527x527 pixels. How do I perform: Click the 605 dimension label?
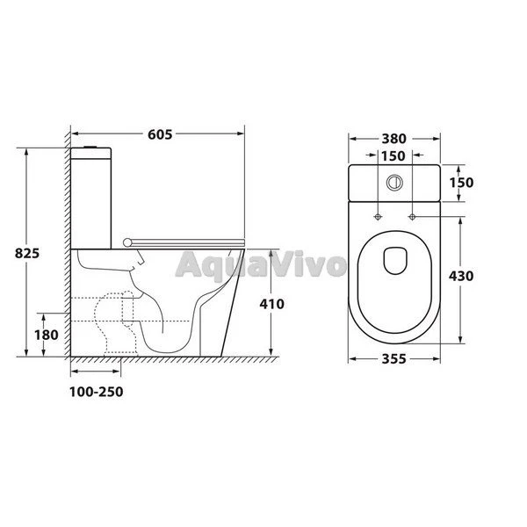[x=160, y=134]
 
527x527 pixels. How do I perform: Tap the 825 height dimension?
[x=27, y=253]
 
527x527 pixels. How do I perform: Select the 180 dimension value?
[x=47, y=335]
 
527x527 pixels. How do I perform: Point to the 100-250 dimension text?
[x=97, y=392]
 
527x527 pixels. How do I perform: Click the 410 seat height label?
[x=272, y=304]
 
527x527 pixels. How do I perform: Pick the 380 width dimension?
[x=393, y=139]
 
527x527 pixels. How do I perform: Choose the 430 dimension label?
[x=461, y=276]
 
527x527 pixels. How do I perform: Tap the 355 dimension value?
[x=393, y=359]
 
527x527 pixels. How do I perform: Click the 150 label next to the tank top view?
[x=461, y=183]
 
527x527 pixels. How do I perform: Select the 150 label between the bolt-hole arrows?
[x=393, y=156]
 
